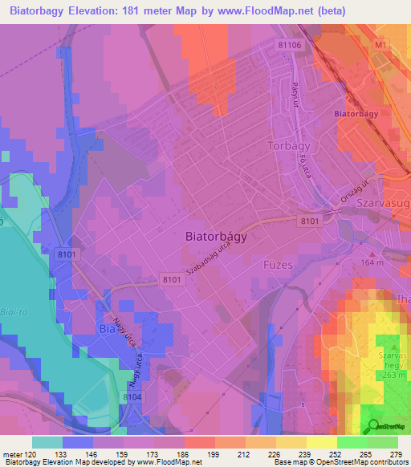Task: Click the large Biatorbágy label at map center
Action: point(216,238)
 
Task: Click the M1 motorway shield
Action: point(380,47)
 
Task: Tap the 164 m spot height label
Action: point(372,262)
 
